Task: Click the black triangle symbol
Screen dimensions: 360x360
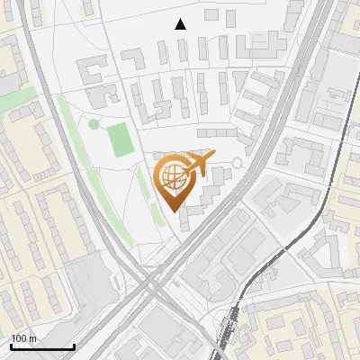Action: click(x=181, y=24)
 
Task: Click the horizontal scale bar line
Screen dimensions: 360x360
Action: click(x=42, y=346)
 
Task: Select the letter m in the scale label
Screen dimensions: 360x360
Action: click(x=33, y=338)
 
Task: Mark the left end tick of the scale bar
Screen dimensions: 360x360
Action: click(x=11, y=345)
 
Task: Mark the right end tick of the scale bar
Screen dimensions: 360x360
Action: click(x=74, y=345)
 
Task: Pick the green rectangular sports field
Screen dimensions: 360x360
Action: click(x=120, y=139)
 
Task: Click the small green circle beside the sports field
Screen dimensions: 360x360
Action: click(x=94, y=124)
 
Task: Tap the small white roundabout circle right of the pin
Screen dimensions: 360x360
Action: click(x=237, y=163)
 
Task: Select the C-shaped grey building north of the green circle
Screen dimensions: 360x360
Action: click(x=94, y=71)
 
